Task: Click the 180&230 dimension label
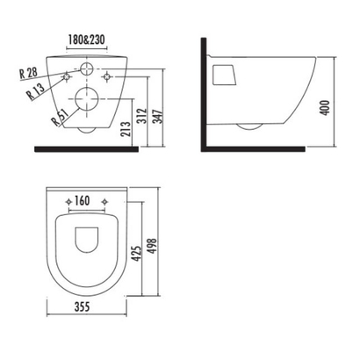(87, 40)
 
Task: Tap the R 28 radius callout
(28, 73)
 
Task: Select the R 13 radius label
(35, 91)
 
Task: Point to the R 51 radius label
(60, 117)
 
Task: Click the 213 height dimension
(126, 129)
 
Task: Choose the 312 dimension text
(142, 116)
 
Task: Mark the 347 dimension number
(158, 117)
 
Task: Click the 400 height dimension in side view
(325, 108)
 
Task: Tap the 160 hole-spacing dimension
(82, 201)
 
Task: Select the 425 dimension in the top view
(137, 254)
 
